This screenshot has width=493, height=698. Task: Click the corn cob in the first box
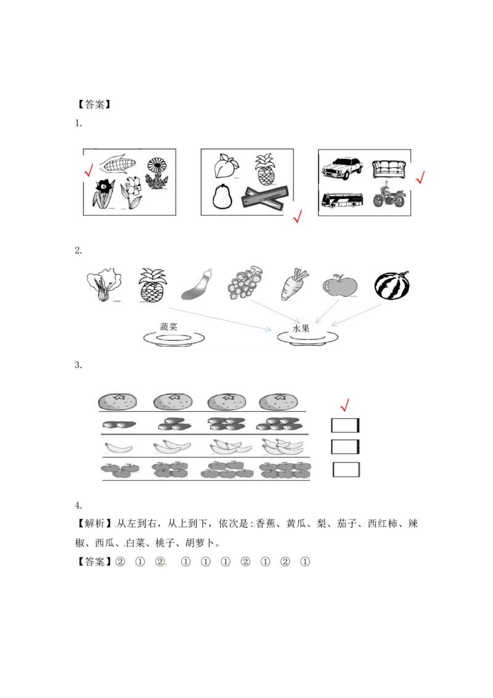click(x=117, y=164)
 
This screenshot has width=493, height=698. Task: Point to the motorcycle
click(x=389, y=197)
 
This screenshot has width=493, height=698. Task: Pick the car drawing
click(x=343, y=167)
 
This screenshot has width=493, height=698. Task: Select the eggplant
click(x=198, y=285)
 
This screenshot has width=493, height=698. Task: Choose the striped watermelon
click(x=392, y=285)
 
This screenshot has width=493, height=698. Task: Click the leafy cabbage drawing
click(x=102, y=285)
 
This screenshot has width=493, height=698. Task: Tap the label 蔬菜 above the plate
click(x=168, y=327)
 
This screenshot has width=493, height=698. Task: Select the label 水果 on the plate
click(x=301, y=329)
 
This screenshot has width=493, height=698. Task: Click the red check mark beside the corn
click(x=88, y=170)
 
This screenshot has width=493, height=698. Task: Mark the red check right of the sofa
click(x=421, y=178)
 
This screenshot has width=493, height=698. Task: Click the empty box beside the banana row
click(x=345, y=446)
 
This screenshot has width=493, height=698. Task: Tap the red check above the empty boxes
click(x=344, y=404)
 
